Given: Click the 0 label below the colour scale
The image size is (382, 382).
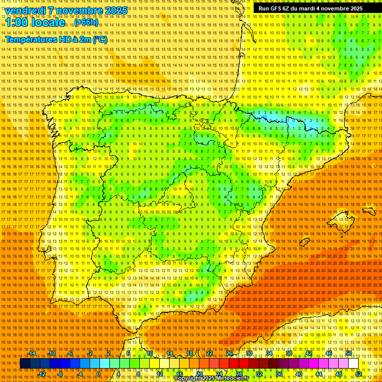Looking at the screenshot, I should pyautogui.click(x=98, y=374).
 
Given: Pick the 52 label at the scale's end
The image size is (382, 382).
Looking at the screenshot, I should pyautogui.click(x=359, y=374).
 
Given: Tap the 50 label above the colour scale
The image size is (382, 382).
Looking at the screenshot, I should pyautogui.click(x=349, y=353).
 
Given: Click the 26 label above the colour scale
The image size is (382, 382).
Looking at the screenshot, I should pyautogui.click(x=230, y=353).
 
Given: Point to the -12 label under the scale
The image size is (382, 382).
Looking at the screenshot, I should pyautogui.click(x=42, y=374).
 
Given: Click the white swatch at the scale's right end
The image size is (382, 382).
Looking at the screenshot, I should pyautogui.click(x=353, y=364).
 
